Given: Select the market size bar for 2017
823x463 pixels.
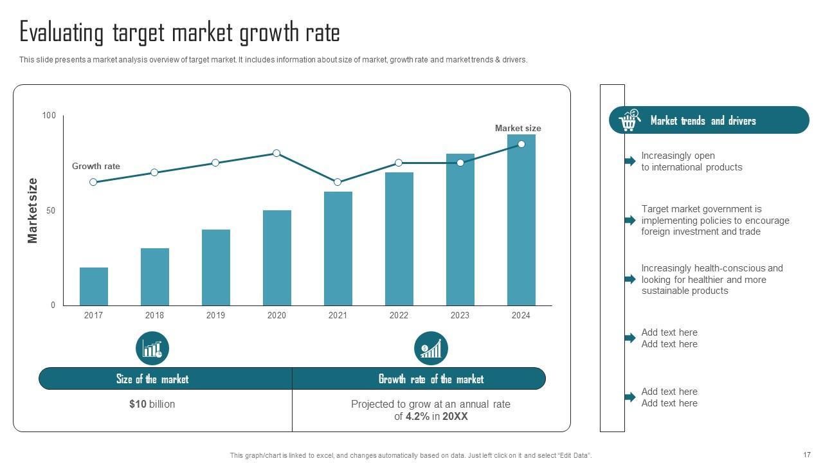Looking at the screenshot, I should pos(94,286).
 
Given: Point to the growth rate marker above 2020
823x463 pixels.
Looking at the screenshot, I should pos(276,153).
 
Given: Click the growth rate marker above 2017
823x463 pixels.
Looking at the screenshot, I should pos(93,182).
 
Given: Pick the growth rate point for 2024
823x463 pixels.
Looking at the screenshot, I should pos(521,144).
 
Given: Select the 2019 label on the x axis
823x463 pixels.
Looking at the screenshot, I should pos(215,315).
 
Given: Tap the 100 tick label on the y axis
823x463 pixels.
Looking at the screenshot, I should pos(49,115).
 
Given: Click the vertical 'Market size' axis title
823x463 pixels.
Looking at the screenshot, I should pos(33,210).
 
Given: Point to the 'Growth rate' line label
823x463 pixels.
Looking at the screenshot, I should pos(96,166).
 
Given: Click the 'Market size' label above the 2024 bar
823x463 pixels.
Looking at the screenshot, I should pos(518,128).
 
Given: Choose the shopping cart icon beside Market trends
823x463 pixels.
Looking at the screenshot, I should pos(629,120).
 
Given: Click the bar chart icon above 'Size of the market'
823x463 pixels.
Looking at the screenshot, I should pos(152,349).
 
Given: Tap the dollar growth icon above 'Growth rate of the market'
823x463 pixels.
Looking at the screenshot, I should pos(431,349).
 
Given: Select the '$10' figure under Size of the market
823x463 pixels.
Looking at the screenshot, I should pos(138,404).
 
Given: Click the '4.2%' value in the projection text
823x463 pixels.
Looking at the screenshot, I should pos(417,416).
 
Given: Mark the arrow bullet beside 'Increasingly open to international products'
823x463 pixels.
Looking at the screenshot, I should pos(630,161).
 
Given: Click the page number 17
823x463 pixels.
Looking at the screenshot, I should pos(807,455).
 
